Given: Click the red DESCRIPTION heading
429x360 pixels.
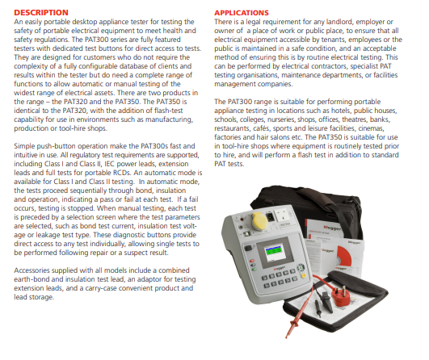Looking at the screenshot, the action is pos(41,13).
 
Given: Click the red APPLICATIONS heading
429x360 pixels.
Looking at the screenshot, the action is pos(242,13).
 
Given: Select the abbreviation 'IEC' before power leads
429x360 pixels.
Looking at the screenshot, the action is pos(109,164).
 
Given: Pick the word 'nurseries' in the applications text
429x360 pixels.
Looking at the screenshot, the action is pos(280,119).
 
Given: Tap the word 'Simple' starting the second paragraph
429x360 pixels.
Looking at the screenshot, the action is pos(24,146).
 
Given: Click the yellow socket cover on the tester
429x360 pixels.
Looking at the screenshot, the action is pos(259,221).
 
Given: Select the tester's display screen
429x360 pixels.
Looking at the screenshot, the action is pos(275,253).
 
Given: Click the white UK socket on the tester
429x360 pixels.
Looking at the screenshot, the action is pos(284,215).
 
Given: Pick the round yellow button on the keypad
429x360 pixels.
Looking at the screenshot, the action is pos(304,275).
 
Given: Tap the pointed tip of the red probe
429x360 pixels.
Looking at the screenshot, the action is pos(287,337).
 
